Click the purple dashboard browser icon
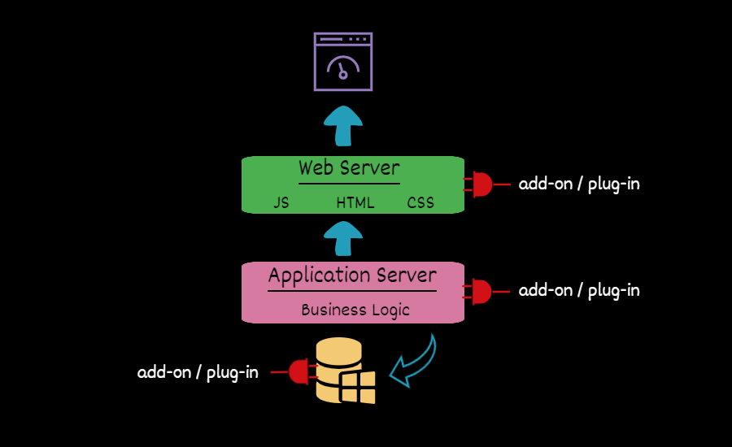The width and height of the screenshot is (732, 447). tap(343, 61)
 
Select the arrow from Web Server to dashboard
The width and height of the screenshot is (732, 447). tap(343, 126)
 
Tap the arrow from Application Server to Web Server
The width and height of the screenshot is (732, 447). tap(343, 241)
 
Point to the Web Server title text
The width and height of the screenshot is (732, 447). tap(349, 168)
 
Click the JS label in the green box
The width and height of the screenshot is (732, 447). tap(281, 203)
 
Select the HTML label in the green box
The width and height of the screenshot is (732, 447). tap(355, 203)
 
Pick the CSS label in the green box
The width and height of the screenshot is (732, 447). tap(420, 203)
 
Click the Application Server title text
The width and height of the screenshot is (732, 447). tap(352, 275)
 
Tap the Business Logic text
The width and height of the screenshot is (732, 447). tap(355, 310)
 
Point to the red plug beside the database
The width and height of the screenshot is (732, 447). tap(299, 372)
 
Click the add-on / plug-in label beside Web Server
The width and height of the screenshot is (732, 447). tap(579, 184)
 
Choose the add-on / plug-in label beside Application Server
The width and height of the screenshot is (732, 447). tap(579, 290)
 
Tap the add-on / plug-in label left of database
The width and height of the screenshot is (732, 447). tap(198, 372)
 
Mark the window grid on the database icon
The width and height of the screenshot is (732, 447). tap(358, 388)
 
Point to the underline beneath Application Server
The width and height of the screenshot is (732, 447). tap(352, 290)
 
